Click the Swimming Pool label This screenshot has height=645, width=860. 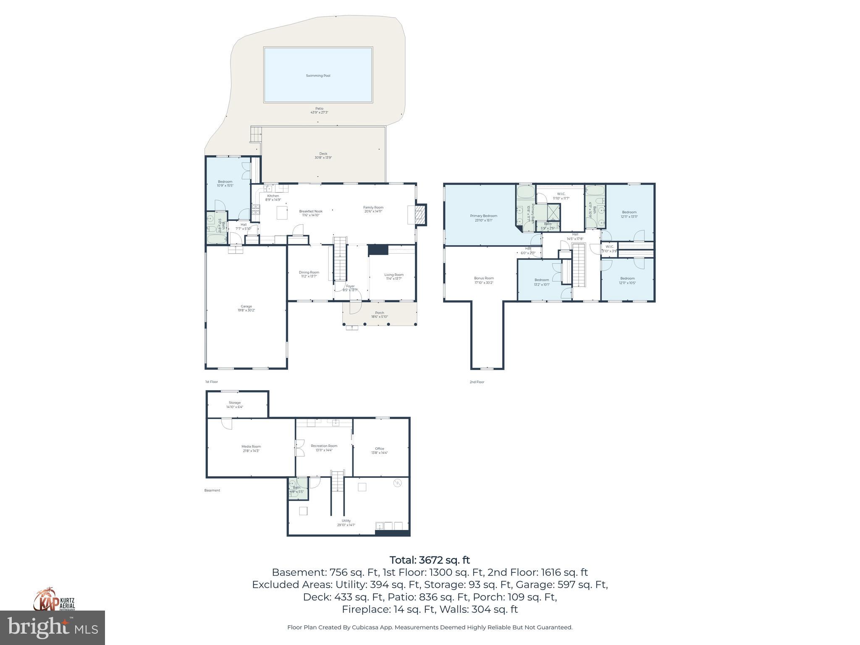[x=318, y=76]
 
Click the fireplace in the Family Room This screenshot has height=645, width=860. [x=419, y=215]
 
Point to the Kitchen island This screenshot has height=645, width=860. [x=282, y=212]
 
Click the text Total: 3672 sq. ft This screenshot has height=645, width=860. [x=430, y=560]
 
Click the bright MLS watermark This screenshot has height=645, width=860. [x=52, y=628]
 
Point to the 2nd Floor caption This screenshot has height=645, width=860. [x=477, y=382]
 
